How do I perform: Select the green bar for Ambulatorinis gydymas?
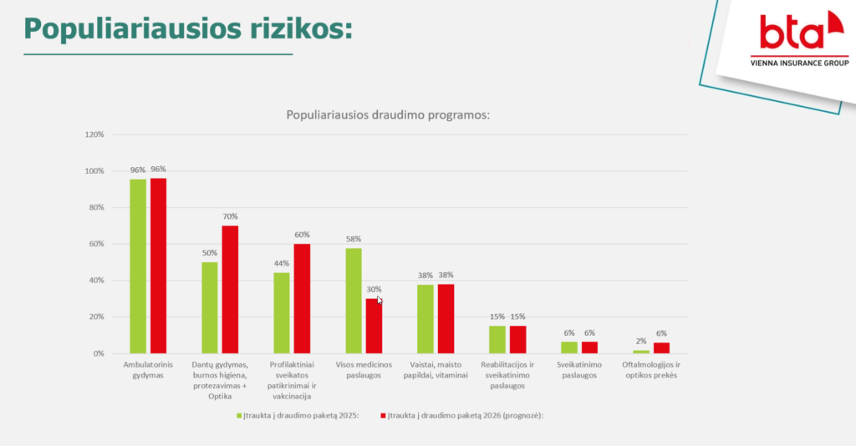138,266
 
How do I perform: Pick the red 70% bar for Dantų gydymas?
230,290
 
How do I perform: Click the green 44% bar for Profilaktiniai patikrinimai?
282,313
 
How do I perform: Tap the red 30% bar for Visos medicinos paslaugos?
374,326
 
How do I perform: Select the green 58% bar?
354,301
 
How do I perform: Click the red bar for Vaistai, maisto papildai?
446,318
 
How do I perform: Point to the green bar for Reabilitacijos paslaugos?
497,339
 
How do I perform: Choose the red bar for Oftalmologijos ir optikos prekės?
661,347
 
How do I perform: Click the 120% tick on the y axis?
94,134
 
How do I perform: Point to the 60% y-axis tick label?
95,244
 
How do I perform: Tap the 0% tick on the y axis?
98,353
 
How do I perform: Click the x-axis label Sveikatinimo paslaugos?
578,369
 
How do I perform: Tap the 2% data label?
641,341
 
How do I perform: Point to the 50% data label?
210,253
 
